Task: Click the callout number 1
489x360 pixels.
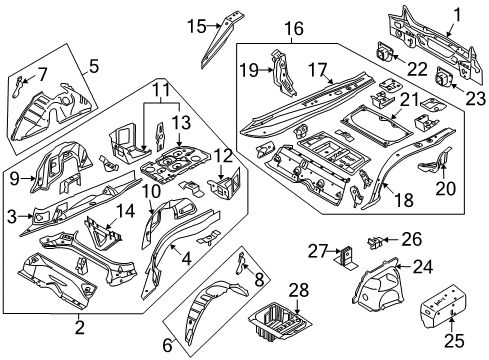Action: pyautogui.click(x=457, y=15)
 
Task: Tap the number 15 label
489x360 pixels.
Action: pyautogui.click(x=197, y=26)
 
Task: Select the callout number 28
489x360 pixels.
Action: pyautogui.click(x=299, y=290)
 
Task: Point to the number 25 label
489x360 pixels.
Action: pyautogui.click(x=455, y=341)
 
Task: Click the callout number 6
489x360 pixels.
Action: pyautogui.click(x=167, y=345)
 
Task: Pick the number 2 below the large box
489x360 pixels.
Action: pyautogui.click(x=79, y=328)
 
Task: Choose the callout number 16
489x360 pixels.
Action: pyautogui.click(x=294, y=28)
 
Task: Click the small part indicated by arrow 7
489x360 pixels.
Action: pyautogui.click(x=17, y=86)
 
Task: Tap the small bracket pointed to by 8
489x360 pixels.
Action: pyautogui.click(x=240, y=263)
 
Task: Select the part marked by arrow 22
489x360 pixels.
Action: pyautogui.click(x=384, y=53)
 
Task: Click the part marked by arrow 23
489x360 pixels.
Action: pyautogui.click(x=443, y=77)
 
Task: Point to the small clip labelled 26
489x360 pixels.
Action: pyautogui.click(x=374, y=242)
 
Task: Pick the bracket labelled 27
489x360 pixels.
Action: pyautogui.click(x=346, y=258)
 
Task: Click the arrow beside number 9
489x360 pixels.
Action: pyautogui.click(x=28, y=179)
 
